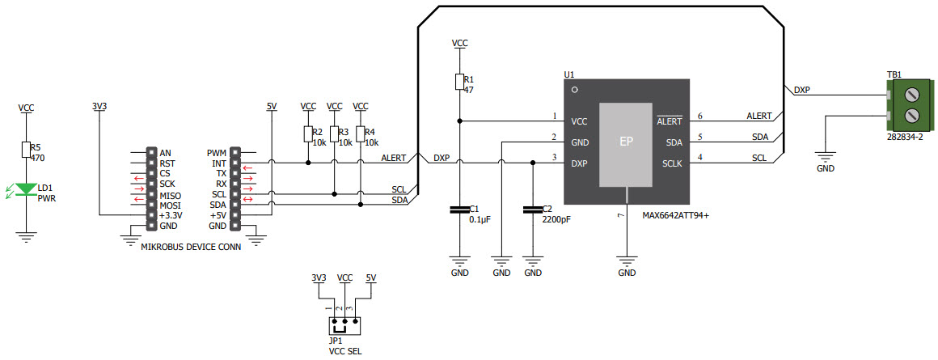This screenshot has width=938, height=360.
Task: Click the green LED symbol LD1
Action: [x=27, y=189]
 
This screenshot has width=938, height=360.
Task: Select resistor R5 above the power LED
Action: [x=27, y=150]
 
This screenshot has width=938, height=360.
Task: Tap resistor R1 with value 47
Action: [x=459, y=82]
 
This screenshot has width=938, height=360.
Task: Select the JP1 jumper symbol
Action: [x=344, y=326]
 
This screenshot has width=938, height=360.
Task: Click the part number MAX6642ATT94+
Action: [x=676, y=216]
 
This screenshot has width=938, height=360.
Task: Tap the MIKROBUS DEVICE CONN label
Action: [x=191, y=248]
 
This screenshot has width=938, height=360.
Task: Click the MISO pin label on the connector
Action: [x=170, y=195]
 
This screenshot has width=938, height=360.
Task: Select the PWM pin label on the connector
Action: [x=216, y=153]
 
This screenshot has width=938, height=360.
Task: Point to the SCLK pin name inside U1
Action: [x=672, y=163]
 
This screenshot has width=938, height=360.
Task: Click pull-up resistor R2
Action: [x=308, y=133]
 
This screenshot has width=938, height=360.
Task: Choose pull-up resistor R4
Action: [x=361, y=133]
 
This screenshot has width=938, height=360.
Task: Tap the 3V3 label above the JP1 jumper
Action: [x=319, y=277]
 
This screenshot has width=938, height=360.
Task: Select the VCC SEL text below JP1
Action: [x=344, y=351]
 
